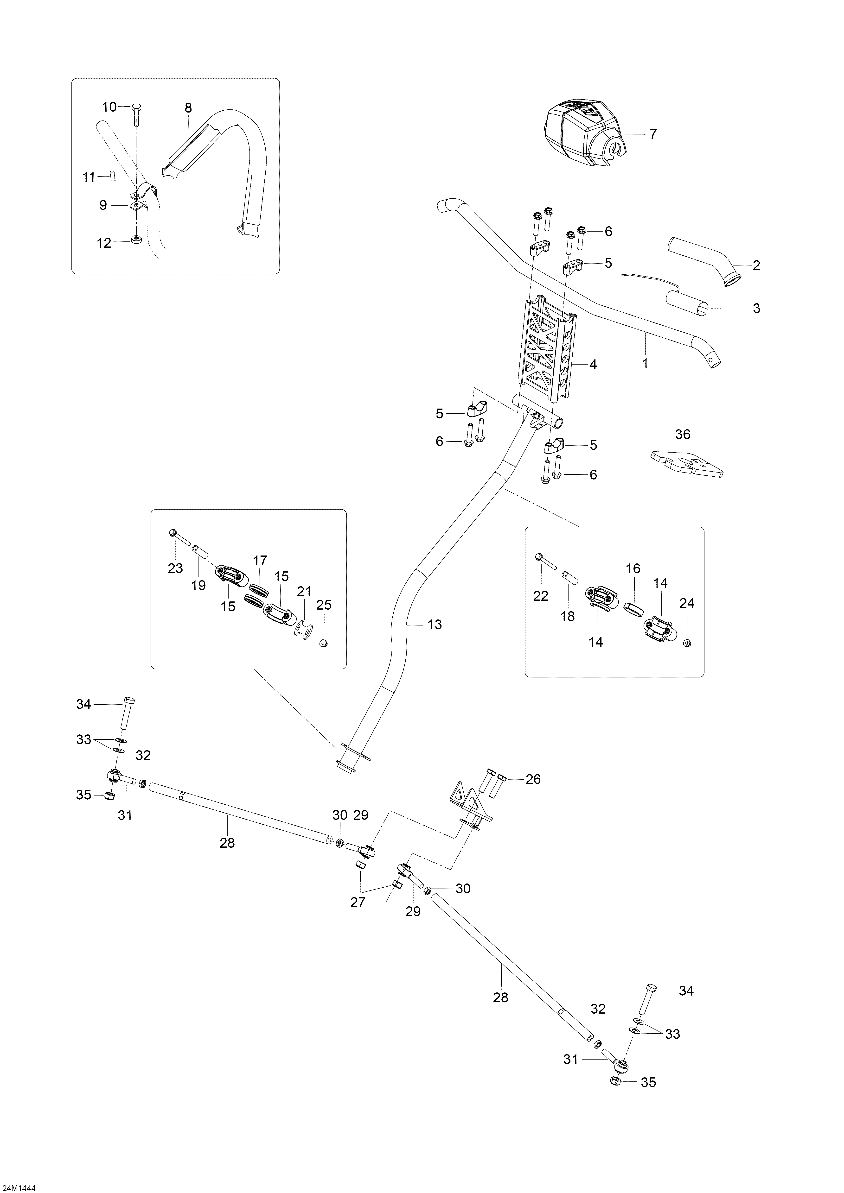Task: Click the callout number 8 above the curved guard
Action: point(188,108)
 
